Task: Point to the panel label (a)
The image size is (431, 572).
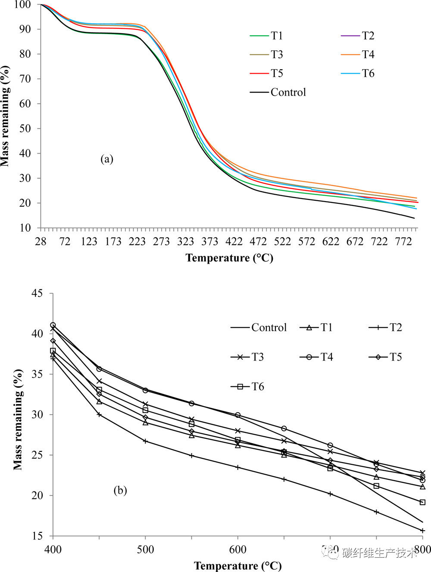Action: tap(107, 159)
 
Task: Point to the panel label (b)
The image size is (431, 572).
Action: tap(120, 490)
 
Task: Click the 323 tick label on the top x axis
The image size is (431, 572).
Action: tap(186, 242)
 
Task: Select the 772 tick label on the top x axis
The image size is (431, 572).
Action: tap(403, 242)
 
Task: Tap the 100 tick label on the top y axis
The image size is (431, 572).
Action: tap(22, 5)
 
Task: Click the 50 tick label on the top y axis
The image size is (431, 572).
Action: tap(25, 128)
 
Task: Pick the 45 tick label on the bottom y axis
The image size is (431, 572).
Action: tap(37, 293)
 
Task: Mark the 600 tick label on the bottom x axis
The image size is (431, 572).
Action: tap(237, 550)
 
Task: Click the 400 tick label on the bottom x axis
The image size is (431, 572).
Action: tap(53, 550)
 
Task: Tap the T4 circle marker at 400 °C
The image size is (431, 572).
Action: tap(53, 325)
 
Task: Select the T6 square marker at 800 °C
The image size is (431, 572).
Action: tap(422, 502)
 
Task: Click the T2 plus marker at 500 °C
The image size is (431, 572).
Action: tap(145, 441)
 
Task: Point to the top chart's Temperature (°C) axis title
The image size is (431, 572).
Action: tap(229, 258)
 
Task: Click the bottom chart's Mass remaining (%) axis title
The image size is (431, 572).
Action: tap(18, 419)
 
